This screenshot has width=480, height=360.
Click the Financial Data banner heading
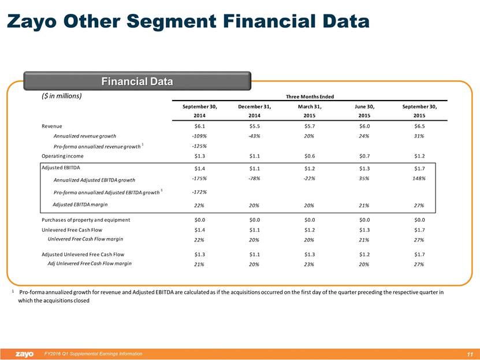[x=137, y=81]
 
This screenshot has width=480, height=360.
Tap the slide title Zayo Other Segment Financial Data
[x=187, y=22]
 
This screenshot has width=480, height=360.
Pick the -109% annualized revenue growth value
[x=199, y=136]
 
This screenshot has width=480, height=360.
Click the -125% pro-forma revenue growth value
[x=199, y=146]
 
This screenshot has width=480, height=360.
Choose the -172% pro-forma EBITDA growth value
[x=199, y=192]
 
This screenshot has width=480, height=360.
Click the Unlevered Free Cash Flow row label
[x=71, y=229]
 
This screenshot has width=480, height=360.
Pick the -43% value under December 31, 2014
[x=254, y=136]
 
